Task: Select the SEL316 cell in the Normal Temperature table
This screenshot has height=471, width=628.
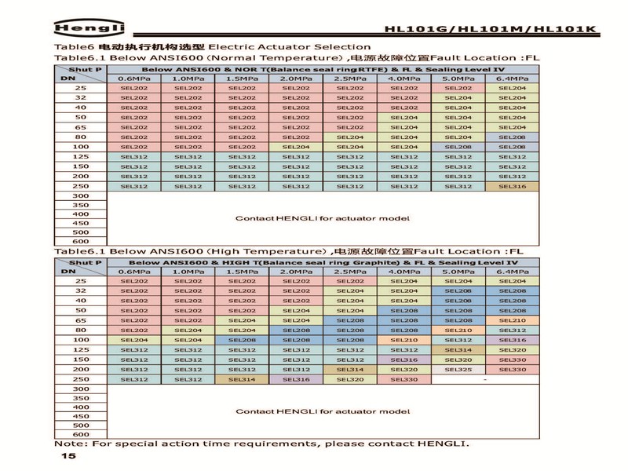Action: [512, 186]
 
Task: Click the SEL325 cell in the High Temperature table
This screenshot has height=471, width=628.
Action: [458, 369]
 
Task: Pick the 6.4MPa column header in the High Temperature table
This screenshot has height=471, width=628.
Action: [512, 272]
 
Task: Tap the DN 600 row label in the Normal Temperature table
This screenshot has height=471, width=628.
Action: [80, 241]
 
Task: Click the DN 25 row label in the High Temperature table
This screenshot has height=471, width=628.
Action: [80, 281]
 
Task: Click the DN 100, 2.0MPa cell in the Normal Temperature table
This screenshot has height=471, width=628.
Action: [296, 147]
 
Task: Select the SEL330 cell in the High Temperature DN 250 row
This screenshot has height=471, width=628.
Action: [404, 379]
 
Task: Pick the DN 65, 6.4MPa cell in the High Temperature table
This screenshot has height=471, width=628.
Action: [512, 320]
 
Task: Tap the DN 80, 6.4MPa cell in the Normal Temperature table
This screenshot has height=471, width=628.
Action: [512, 137]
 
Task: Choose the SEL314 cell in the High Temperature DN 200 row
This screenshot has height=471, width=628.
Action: [350, 369]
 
